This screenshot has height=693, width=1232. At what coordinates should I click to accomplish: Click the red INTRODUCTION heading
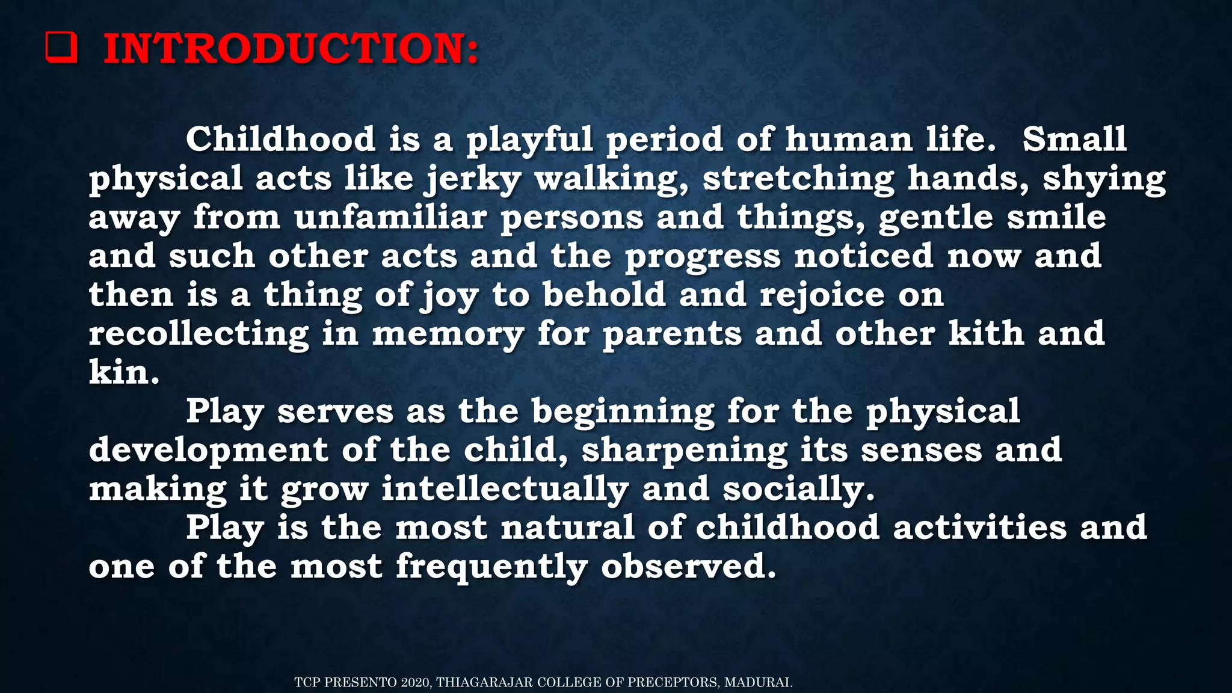pos(291,49)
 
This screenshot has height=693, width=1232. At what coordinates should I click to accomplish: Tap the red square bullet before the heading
pos(61,48)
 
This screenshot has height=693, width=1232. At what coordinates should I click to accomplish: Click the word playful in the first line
pos(529,140)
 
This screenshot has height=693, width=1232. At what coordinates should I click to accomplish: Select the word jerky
pos(472,179)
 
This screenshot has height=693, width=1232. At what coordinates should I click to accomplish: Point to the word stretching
pos(798,179)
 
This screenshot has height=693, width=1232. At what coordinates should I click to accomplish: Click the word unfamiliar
pos(390,217)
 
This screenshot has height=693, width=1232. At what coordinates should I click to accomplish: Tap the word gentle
pos(935,217)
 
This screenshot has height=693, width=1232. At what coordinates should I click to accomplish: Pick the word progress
pos(703,257)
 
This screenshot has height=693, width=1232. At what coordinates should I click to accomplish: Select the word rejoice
pos(822,295)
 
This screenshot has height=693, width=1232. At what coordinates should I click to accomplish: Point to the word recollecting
pos(199,334)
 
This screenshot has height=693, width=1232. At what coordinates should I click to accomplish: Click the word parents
pos(672,334)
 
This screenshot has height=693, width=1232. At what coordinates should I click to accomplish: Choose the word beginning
pos(623,413)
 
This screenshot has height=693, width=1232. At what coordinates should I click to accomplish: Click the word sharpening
pos(684,451)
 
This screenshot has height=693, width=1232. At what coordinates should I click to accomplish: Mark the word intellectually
pos(505,490)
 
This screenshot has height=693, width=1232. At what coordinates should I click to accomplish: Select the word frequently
pos(491,567)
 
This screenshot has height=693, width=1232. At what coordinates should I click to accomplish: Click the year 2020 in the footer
pos(415,682)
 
